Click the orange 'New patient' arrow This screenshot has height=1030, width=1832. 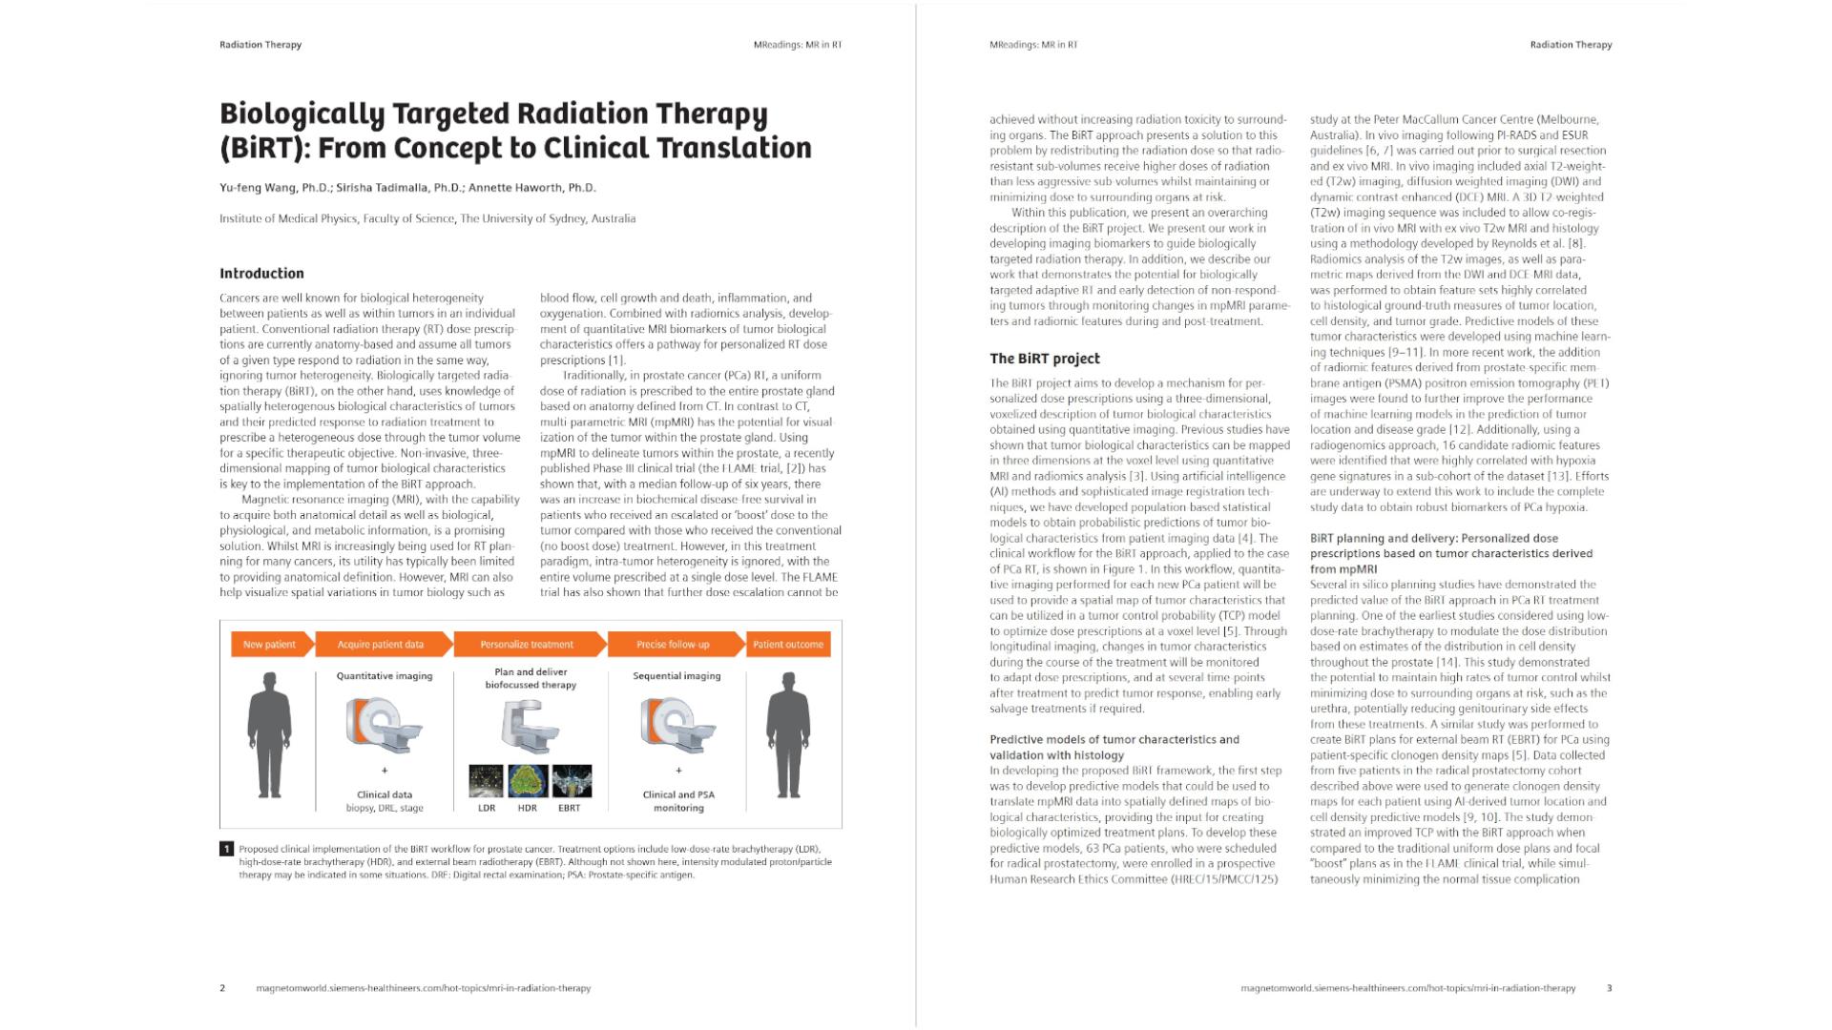click(270, 645)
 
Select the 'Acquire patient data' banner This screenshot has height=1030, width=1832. click(382, 645)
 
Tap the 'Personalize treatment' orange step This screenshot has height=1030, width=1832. click(528, 645)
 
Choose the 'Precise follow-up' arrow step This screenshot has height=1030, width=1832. click(674, 645)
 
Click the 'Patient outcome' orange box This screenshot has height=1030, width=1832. click(788, 645)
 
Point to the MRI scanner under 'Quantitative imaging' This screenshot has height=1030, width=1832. click(384, 725)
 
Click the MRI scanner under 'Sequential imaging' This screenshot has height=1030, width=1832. click(677, 725)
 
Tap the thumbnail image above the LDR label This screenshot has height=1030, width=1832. click(487, 781)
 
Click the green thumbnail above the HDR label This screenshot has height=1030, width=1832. click(528, 781)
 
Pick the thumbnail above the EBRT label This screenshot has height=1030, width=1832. click(572, 781)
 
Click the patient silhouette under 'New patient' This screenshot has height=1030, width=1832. click(270, 734)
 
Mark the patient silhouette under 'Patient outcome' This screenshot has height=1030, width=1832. click(788, 734)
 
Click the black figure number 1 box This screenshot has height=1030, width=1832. click(226, 849)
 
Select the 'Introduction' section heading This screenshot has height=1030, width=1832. click(261, 274)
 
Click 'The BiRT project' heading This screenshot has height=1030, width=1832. click(1045, 359)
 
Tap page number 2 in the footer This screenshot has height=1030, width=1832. click(222, 988)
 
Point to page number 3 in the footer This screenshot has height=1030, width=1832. click(1609, 988)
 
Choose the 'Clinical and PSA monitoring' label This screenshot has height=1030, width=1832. click(678, 801)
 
